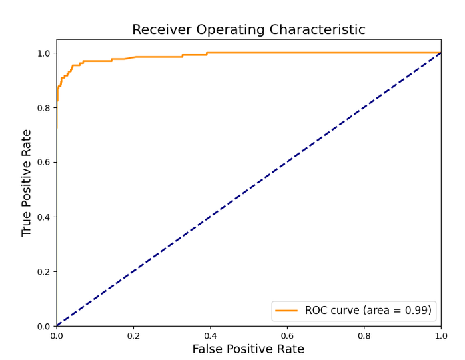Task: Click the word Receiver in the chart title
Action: pyautogui.click(x=162, y=30)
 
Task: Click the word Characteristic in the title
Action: pyautogui.click(x=317, y=30)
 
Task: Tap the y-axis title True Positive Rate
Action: pyautogui.click(x=26, y=183)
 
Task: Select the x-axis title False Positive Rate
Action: pyautogui.click(x=248, y=349)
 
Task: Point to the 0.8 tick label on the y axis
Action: pyautogui.click(x=43, y=108)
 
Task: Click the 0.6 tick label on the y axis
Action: pyautogui.click(x=43, y=163)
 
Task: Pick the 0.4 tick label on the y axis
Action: pyautogui.click(x=43, y=217)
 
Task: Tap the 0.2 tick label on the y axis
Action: pyautogui.click(x=43, y=271)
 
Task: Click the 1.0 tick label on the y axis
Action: pyautogui.click(x=43, y=53)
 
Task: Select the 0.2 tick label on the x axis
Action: pyautogui.click(x=133, y=335)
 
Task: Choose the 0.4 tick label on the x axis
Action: pyautogui.click(x=211, y=335)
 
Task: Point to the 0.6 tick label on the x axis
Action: pyautogui.click(x=287, y=335)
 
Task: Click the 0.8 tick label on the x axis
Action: pyautogui.click(x=364, y=335)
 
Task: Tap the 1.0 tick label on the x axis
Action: pyautogui.click(x=441, y=335)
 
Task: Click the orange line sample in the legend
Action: pyautogui.click(x=286, y=311)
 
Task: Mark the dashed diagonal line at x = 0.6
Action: pyautogui.click(x=287, y=163)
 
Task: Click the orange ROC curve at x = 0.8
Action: pyautogui.click(x=364, y=53)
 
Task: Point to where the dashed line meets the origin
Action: pyautogui.click(x=57, y=326)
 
